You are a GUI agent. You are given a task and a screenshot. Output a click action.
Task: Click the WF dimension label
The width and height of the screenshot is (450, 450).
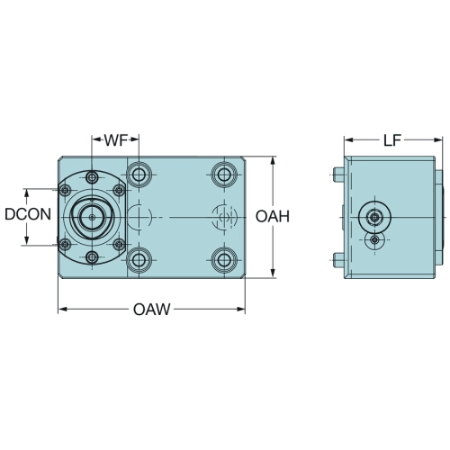tap(116, 140)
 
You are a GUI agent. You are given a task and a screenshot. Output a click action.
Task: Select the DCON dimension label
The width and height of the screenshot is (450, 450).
tap(28, 214)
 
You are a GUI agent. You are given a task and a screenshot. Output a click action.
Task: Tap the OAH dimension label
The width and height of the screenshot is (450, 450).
tap(273, 217)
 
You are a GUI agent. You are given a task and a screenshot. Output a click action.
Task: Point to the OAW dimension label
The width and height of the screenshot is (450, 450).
tap(152, 310)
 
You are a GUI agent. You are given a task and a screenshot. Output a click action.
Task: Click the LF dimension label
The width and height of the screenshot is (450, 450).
tap(392, 140)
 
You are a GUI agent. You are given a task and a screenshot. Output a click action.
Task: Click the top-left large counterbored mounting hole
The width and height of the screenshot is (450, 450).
tap(139, 175)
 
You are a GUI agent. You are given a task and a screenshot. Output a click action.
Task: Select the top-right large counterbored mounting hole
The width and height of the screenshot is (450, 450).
tap(224, 175)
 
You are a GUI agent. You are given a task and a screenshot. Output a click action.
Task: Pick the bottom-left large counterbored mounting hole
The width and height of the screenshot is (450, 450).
tap(139, 259)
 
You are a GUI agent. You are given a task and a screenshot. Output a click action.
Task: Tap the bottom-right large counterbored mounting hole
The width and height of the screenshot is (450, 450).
tap(224, 259)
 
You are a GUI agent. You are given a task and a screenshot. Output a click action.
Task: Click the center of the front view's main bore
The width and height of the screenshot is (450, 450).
tap(92, 217)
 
